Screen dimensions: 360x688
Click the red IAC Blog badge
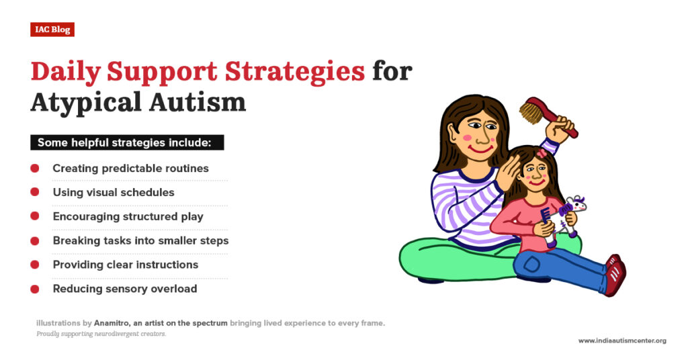52,30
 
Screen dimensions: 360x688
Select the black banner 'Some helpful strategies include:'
127,142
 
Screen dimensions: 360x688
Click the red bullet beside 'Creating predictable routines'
34,168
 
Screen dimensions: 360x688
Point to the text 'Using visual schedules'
114,192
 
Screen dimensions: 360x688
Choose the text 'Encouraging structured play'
128,216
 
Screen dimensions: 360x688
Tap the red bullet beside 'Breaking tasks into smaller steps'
34,240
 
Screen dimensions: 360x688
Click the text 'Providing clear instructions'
126,265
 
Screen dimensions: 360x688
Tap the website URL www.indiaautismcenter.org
622,341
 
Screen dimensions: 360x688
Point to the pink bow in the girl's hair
542,154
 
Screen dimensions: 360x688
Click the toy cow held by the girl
573,214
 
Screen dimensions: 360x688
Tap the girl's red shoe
614,273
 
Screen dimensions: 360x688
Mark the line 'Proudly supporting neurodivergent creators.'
101,334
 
